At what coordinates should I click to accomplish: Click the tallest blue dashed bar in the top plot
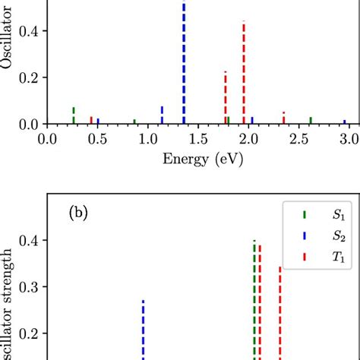(x=183, y=65)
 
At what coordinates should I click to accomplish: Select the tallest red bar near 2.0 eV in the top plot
(x=244, y=73)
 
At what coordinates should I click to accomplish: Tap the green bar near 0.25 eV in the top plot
(x=74, y=115)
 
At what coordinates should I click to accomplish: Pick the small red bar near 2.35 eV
(x=283, y=118)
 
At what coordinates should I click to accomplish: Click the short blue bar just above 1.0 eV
(x=162, y=115)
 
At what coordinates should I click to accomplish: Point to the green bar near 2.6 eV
(x=311, y=120)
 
